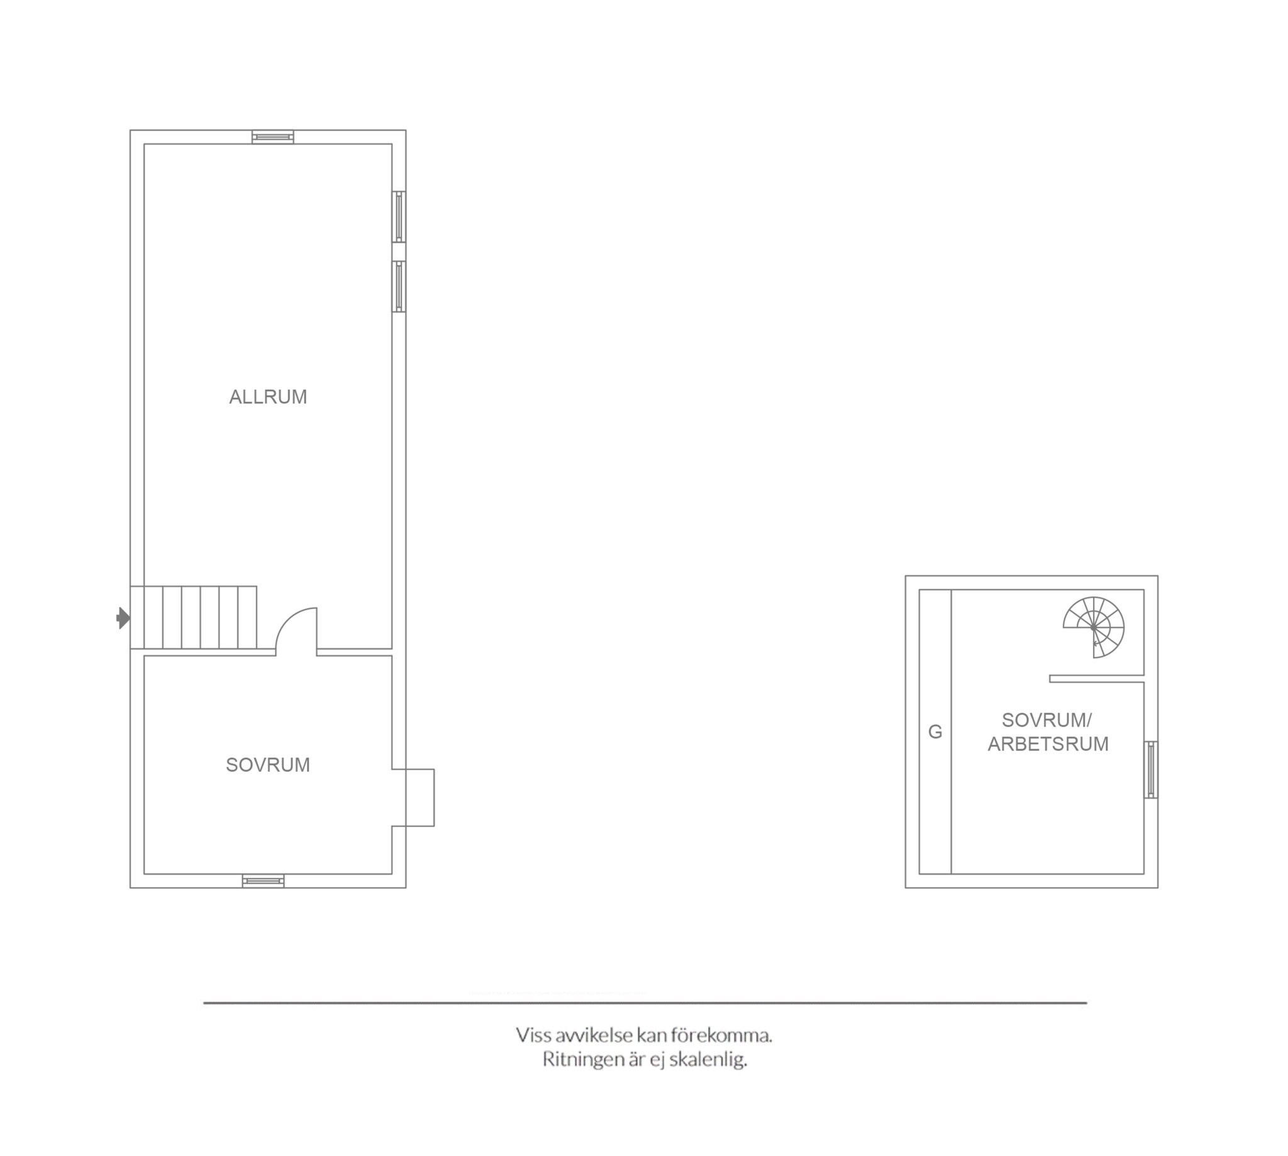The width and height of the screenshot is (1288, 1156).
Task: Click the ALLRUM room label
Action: [267, 397]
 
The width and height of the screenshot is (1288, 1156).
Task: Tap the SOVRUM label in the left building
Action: [267, 765]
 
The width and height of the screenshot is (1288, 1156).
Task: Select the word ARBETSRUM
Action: [1048, 744]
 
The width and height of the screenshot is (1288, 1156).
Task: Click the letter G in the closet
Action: [935, 732]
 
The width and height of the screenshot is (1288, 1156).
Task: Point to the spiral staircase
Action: [1094, 627]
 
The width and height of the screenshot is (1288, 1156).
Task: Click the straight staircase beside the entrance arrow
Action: [194, 617]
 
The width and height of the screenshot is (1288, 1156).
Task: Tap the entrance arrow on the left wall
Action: [123, 618]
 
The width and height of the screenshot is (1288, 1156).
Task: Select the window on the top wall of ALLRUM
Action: [272, 136]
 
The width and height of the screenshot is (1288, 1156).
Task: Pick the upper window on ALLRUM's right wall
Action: [398, 217]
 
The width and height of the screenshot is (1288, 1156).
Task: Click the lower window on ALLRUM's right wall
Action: [398, 287]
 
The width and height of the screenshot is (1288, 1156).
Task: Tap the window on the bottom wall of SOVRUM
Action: [263, 881]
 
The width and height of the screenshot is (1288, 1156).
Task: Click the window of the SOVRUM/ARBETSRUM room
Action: [1151, 769]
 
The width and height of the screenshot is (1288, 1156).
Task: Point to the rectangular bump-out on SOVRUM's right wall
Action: [413, 798]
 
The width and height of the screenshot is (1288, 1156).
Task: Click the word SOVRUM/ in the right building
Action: [1046, 720]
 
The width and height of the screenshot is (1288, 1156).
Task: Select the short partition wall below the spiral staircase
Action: [1097, 679]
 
